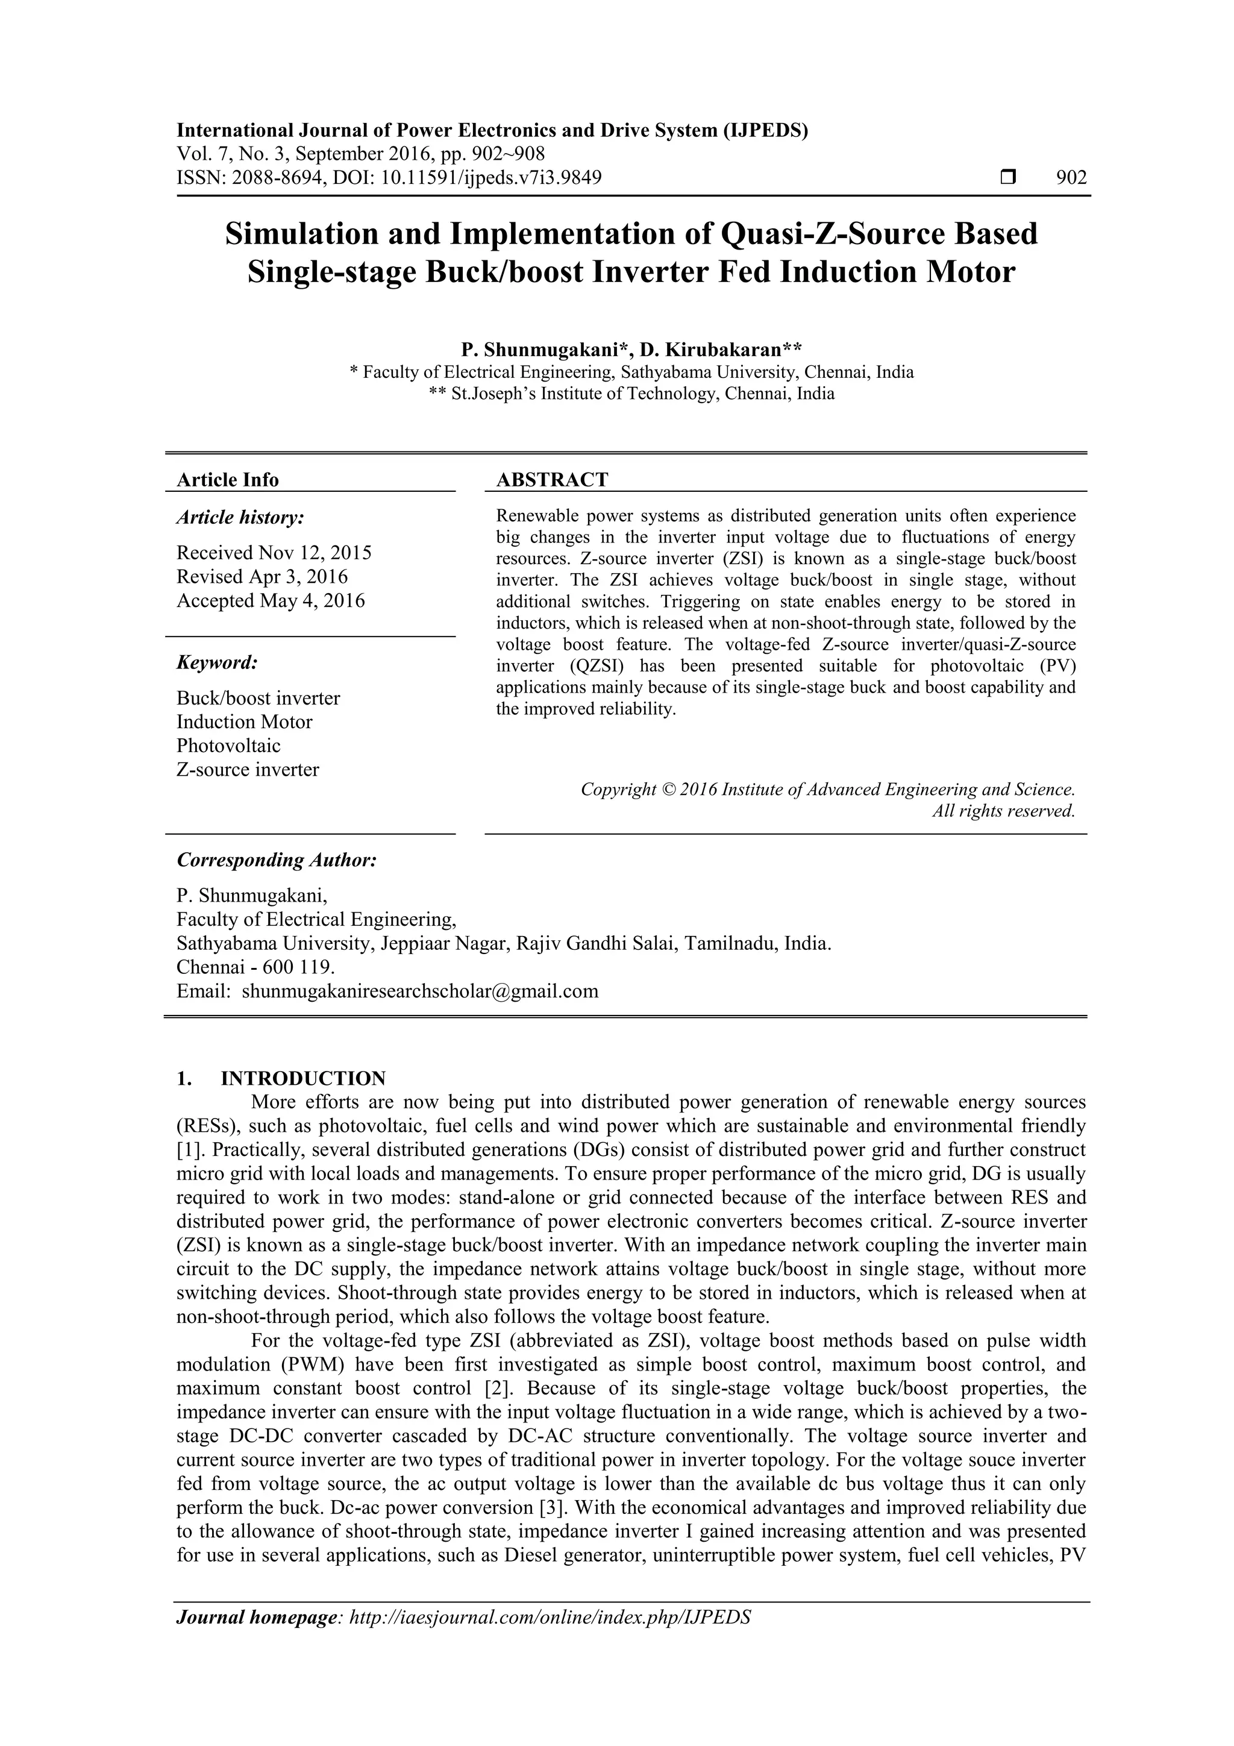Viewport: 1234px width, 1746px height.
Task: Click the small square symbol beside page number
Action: tap(1009, 178)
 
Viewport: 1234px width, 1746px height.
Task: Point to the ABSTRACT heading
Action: tap(552, 480)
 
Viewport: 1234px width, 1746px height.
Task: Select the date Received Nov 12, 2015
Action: tap(274, 553)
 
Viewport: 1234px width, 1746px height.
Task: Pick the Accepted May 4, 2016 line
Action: tap(271, 601)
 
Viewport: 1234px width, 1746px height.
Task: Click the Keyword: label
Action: tap(218, 663)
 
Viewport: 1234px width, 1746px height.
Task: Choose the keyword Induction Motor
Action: tap(244, 721)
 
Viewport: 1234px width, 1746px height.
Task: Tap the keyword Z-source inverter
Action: tap(248, 770)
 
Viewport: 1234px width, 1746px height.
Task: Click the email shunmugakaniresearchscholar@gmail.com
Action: tap(420, 991)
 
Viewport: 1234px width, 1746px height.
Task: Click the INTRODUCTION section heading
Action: tap(302, 1078)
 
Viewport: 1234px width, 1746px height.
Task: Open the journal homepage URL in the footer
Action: tap(549, 1639)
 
